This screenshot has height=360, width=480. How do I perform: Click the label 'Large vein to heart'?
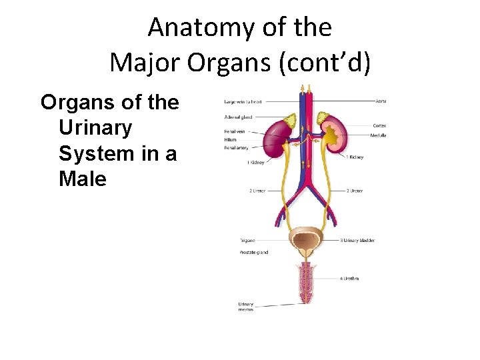[x=243, y=102]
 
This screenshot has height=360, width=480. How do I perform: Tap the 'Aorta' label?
[x=381, y=101]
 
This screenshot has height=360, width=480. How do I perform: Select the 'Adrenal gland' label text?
[x=238, y=117]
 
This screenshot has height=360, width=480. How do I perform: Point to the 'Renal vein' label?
[x=235, y=131]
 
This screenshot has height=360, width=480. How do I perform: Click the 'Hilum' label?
[x=230, y=139]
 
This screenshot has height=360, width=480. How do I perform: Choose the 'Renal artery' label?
[x=236, y=147]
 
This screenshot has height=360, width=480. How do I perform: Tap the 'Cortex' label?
[x=379, y=125]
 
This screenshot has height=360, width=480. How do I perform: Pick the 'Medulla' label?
[x=378, y=135]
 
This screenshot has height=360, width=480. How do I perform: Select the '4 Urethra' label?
[x=349, y=278]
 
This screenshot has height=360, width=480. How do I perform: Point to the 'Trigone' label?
[x=247, y=240]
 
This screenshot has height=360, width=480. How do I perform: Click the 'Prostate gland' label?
[x=253, y=253]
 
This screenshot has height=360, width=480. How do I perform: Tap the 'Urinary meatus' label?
[x=246, y=307]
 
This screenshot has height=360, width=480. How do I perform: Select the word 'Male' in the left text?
[x=83, y=179]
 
